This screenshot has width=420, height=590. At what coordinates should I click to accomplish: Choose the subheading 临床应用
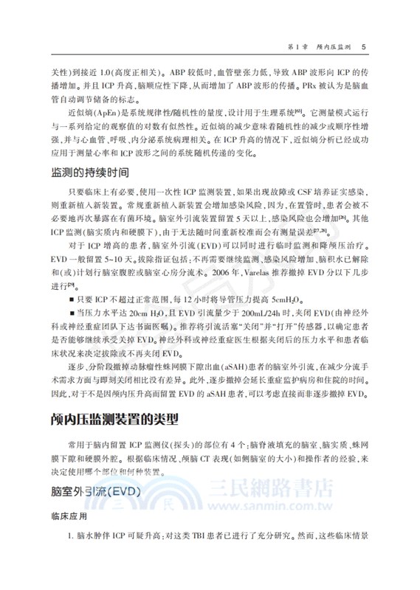(x=69, y=517)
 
